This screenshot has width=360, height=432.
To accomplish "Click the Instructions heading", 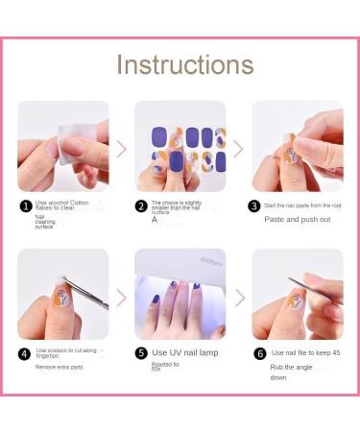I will [x=185, y=64].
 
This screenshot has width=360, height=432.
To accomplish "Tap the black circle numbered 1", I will [x=26, y=205].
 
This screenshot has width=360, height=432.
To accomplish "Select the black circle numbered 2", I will [x=141, y=205].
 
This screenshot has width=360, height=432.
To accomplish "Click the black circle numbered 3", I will [x=254, y=205].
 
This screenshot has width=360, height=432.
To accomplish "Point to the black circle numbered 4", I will [x=26, y=352].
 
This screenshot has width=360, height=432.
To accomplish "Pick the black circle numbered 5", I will [x=141, y=352].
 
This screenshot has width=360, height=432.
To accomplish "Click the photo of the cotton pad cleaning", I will [x=62, y=146].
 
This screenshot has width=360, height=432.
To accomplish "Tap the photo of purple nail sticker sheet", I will [x=180, y=146].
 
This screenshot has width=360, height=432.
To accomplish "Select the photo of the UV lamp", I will [x=180, y=294].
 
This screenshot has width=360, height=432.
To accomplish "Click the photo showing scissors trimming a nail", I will [x=62, y=294].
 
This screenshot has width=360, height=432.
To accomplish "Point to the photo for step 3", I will [x=297, y=146].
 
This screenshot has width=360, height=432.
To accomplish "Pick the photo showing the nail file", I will [x=297, y=294].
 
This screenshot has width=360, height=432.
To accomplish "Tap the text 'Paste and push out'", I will [x=297, y=219].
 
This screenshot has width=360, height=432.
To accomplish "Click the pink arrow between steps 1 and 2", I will [x=121, y=148].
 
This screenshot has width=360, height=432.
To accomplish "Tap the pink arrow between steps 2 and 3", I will [x=238, y=148].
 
